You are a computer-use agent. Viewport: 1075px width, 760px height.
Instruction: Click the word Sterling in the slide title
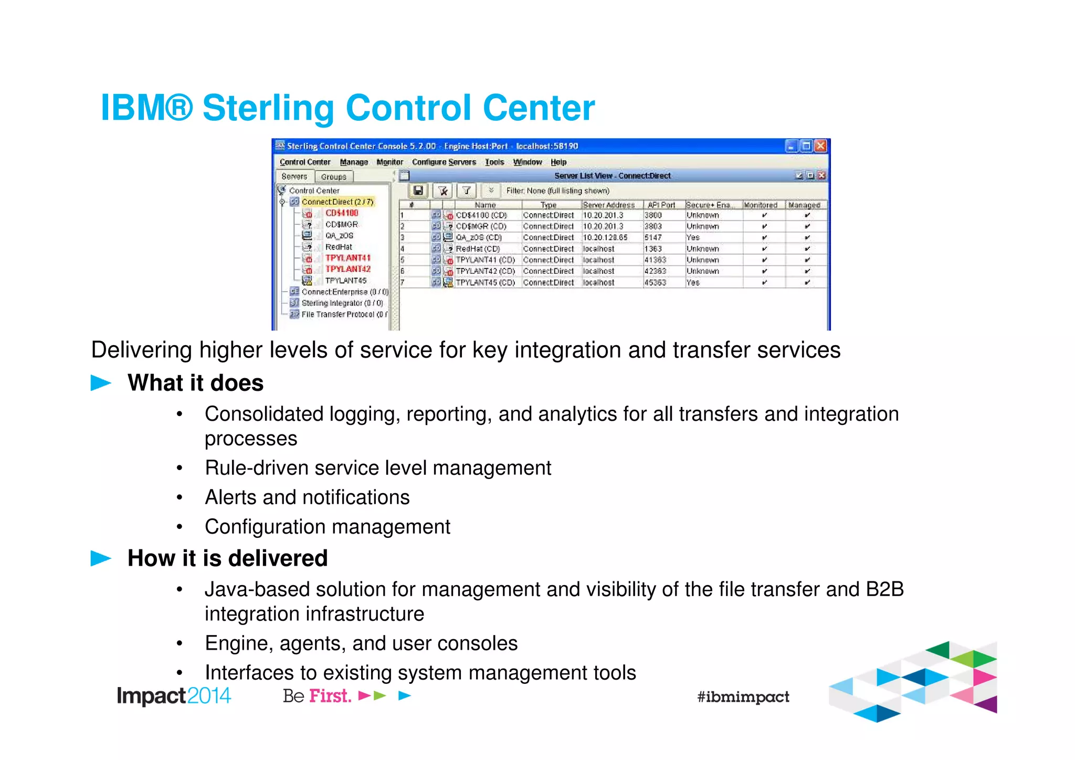click(x=268, y=108)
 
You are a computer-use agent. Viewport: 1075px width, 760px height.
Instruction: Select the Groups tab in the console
click(x=333, y=176)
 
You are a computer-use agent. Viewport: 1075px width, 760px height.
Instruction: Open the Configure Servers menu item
click(x=444, y=162)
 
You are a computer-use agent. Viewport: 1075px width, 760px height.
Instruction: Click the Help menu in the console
click(x=558, y=162)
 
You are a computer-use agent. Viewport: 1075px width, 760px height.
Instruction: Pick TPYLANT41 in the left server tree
click(x=347, y=258)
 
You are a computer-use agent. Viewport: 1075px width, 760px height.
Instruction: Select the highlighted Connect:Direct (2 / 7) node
click(x=338, y=202)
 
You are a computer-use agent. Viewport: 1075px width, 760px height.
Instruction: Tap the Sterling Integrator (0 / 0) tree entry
click(x=342, y=303)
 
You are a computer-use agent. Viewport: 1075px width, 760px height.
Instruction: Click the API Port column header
click(x=661, y=205)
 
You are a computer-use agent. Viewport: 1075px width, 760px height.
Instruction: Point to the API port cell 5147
click(x=653, y=237)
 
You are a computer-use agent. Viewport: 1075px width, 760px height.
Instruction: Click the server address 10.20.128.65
click(x=605, y=237)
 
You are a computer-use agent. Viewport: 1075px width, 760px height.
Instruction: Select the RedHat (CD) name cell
click(x=478, y=249)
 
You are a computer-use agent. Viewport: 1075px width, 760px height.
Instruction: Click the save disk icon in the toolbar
click(x=418, y=191)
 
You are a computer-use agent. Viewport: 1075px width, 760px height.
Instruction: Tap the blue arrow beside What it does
click(x=101, y=383)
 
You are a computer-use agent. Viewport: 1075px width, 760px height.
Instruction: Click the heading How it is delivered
click(x=227, y=558)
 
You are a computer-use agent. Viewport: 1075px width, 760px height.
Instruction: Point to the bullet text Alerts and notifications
click(x=307, y=497)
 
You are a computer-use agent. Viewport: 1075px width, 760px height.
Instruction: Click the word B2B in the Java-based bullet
click(x=884, y=589)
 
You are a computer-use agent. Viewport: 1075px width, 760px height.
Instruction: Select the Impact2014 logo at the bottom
click(x=174, y=696)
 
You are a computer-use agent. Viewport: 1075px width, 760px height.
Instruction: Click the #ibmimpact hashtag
click(x=743, y=697)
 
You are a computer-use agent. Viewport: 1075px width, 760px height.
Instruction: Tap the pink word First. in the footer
click(x=330, y=696)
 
